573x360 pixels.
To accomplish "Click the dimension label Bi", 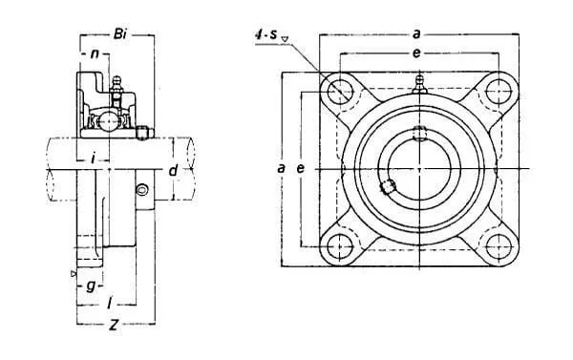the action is click(120, 34).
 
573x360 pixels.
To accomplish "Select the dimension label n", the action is click(95, 54).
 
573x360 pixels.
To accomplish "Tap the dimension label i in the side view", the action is click(94, 159).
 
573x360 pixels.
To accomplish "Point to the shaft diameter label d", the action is click(173, 170).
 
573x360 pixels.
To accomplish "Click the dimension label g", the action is click(91, 286).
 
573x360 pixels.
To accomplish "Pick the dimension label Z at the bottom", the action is click(115, 325).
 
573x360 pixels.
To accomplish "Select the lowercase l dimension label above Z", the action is click(109, 304).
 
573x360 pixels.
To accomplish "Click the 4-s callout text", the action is click(265, 34).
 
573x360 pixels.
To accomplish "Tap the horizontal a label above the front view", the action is click(416, 34).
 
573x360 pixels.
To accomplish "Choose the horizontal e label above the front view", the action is click(416, 53).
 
